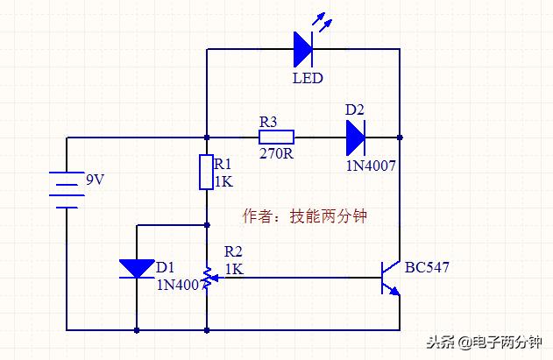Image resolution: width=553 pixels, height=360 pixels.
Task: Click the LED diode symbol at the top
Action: pos(302,49)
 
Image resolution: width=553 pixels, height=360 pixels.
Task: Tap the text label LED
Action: pos(307,79)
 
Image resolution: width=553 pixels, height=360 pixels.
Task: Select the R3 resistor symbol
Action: pos(276,138)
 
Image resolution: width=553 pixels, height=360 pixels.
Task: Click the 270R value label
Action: pos(275,152)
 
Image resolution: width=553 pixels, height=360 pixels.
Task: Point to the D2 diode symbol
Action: pos(355,138)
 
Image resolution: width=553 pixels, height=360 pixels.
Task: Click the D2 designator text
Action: pos(354,110)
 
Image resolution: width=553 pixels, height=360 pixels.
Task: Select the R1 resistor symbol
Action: pos(206,173)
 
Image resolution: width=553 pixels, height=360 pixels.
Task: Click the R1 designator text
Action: pos(223,164)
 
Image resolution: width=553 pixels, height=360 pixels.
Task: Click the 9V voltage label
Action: pos(95,180)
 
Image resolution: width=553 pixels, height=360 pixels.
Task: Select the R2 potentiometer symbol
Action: pos(206,278)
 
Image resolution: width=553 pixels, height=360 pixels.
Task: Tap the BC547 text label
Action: pos(427,267)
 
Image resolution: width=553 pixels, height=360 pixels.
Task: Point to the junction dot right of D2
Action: pos(400,138)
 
